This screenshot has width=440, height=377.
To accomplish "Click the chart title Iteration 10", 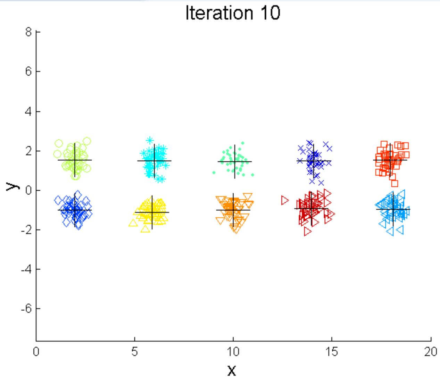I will [233, 14].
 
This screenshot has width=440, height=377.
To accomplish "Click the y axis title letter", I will [10, 187].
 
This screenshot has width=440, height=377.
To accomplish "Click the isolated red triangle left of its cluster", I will [285, 200].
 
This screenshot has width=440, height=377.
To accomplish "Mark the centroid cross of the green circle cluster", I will [75, 160].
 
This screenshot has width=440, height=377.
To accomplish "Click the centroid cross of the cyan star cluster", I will [154, 161].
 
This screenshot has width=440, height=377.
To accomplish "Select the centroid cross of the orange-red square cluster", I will [390, 160].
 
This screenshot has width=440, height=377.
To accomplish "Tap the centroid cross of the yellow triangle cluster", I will [152, 212].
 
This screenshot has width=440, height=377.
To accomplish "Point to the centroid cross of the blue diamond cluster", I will [75, 210].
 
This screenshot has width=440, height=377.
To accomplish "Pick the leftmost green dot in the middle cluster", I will [214, 173].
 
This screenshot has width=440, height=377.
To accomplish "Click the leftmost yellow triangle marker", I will [132, 223].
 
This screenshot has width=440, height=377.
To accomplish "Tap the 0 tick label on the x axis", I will [36, 352].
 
